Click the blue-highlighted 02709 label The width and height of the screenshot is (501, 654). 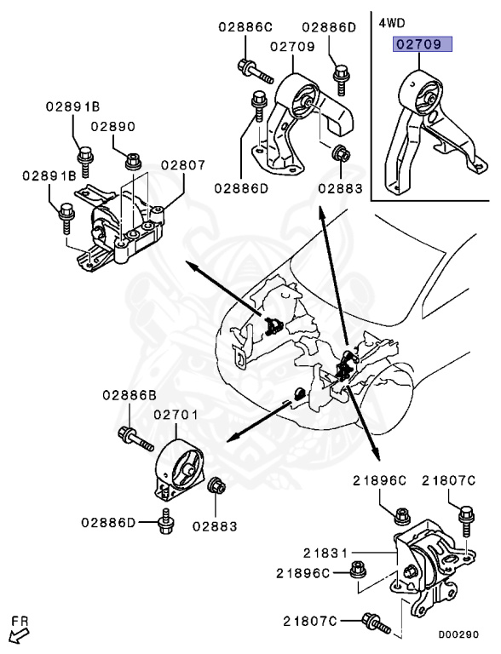[422, 43]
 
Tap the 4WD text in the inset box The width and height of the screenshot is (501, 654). [391, 23]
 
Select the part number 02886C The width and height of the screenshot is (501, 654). [245, 27]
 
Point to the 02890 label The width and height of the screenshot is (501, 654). [113, 126]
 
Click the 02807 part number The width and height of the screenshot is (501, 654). [183, 165]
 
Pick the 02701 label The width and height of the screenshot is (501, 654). [176, 415]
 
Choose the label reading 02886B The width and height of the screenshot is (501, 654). [130, 395]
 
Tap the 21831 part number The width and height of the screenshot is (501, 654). [325, 554]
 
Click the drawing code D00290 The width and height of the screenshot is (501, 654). [458, 634]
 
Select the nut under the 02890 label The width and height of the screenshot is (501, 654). [132, 161]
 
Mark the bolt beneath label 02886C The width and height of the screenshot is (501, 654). [255, 72]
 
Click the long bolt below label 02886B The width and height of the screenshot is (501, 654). [135, 439]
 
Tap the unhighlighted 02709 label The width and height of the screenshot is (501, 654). [292, 46]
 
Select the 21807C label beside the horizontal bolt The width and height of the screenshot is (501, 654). [310, 622]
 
